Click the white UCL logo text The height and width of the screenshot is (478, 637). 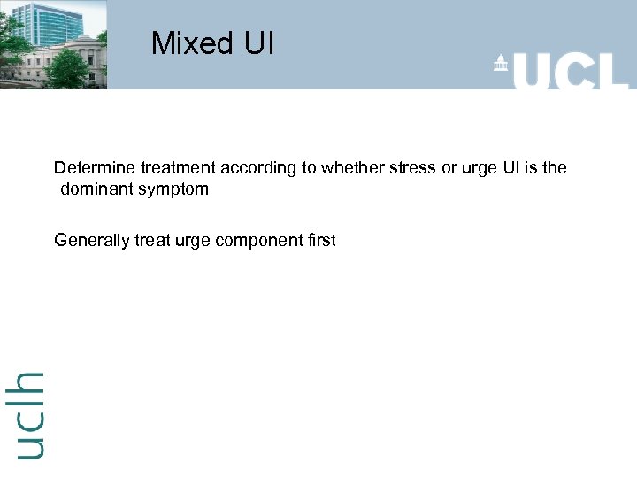tap(571, 68)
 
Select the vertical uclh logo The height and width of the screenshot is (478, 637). tap(29, 414)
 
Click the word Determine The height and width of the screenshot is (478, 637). tap(94, 167)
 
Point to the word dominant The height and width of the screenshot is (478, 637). tap(96, 189)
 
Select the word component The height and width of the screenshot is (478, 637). tap(263, 241)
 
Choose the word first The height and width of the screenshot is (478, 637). tap(320, 240)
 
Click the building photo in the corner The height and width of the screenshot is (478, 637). tap(53, 44)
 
